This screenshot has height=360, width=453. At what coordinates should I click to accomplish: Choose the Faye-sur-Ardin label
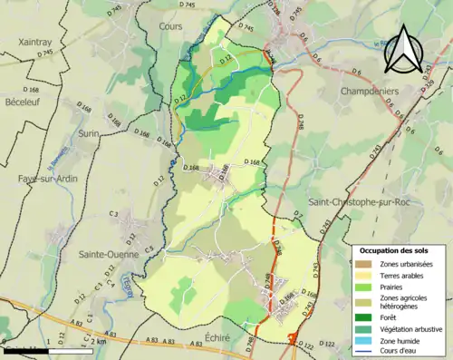pyautogui.click(x=47, y=179)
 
